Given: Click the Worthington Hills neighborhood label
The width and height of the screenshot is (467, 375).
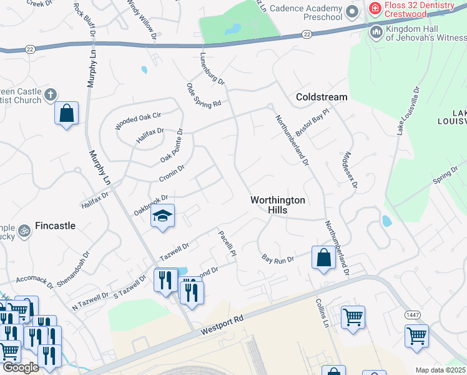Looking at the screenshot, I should pyautogui.click(x=278, y=205).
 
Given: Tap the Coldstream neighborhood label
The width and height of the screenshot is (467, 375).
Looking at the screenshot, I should pyautogui.click(x=322, y=97).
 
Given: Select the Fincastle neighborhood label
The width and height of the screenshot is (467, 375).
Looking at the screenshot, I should pyautogui.click(x=55, y=226).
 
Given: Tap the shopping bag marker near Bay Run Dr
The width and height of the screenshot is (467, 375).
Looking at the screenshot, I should pyautogui.click(x=323, y=257).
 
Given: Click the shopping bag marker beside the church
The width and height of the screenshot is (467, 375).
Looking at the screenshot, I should pyautogui.click(x=66, y=114).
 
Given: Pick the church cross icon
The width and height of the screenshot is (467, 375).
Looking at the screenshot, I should pyautogui.click(x=51, y=96).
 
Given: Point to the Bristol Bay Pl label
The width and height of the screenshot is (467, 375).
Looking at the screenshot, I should pyautogui.click(x=312, y=122).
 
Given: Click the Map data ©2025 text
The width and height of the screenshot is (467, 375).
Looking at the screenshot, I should pyautogui.click(x=440, y=370).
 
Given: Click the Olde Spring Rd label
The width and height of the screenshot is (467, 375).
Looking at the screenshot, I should pyautogui.click(x=204, y=94).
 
